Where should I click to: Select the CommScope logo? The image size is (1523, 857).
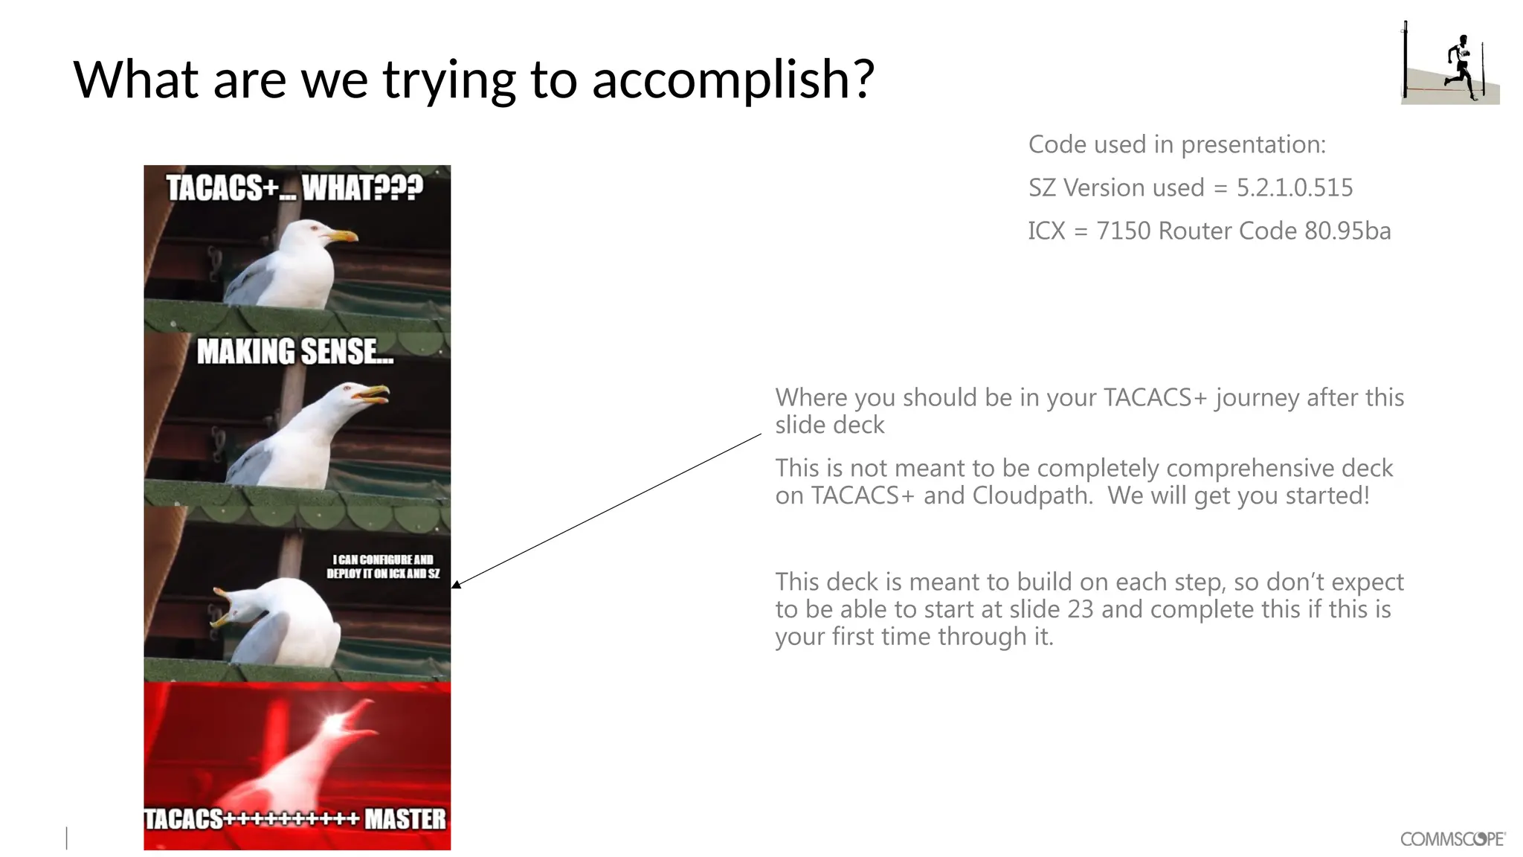pyautogui.click(x=1452, y=839)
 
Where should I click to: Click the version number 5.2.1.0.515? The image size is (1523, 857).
pyautogui.click(x=1295, y=187)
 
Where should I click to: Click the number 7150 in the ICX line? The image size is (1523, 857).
pyautogui.click(x=1123, y=231)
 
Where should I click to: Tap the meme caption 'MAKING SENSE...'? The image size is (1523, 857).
pyautogui.click(x=295, y=352)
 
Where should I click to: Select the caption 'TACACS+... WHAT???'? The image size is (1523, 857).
pyautogui.click(x=294, y=188)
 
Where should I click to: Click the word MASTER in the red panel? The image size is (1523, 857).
pyautogui.click(x=405, y=819)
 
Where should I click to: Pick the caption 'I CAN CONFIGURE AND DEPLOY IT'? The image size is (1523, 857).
pyautogui.click(x=382, y=566)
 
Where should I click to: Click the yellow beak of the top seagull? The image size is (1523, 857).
pyautogui.click(x=343, y=236)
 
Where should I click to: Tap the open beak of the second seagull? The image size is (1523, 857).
pyautogui.click(x=373, y=394)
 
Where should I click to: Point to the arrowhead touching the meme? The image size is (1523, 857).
pyautogui.click(x=455, y=585)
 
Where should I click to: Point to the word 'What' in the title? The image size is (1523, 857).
pyautogui.click(x=135, y=80)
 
